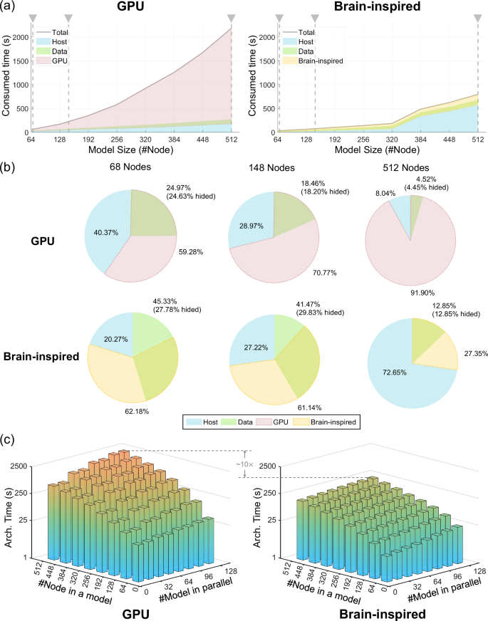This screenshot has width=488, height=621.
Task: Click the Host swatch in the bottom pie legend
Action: pyautogui.click(x=193, y=423)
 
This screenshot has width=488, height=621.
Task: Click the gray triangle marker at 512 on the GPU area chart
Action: pyautogui.click(x=230, y=18)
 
